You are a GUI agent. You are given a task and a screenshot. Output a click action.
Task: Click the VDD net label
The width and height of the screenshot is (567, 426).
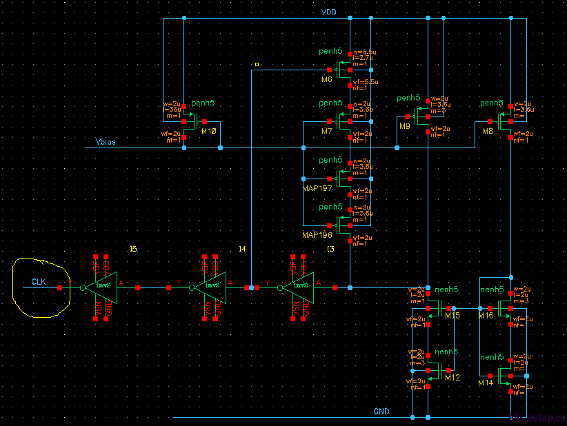[x=328, y=12]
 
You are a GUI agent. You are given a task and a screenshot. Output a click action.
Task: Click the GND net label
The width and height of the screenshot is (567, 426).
[x=381, y=412]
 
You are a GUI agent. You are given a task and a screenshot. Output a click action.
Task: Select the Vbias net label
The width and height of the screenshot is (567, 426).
[x=105, y=143]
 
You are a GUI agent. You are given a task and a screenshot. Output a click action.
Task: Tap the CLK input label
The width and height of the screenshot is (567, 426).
[x=39, y=282]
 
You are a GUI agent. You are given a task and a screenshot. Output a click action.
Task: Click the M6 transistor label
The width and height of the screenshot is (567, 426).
[x=327, y=80]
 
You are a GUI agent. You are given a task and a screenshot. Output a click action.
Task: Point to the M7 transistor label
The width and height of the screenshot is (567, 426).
[x=327, y=131]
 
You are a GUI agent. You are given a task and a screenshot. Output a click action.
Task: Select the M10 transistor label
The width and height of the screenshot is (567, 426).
[x=209, y=131]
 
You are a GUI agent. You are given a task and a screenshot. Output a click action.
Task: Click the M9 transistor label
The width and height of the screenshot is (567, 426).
[x=405, y=127]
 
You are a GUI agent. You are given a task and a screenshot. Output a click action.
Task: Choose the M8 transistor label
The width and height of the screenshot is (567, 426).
[x=488, y=131]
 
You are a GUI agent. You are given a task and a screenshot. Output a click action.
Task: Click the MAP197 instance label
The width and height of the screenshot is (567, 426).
[x=317, y=187]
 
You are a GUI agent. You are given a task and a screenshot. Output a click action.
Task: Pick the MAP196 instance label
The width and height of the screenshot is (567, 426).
[x=317, y=235]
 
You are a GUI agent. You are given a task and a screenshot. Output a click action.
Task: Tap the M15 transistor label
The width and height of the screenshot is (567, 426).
[x=452, y=315]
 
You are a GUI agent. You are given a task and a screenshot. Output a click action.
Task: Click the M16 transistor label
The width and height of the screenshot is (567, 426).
[x=486, y=315]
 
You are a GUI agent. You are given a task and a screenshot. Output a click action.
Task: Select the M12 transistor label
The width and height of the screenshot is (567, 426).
[x=452, y=378]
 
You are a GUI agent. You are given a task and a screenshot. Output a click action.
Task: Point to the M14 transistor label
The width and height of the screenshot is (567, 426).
[x=486, y=382]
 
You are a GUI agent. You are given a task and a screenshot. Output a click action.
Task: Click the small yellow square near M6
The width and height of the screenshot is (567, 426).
[x=257, y=64]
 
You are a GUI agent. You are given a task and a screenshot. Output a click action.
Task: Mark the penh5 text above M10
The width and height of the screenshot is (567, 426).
[x=203, y=103]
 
